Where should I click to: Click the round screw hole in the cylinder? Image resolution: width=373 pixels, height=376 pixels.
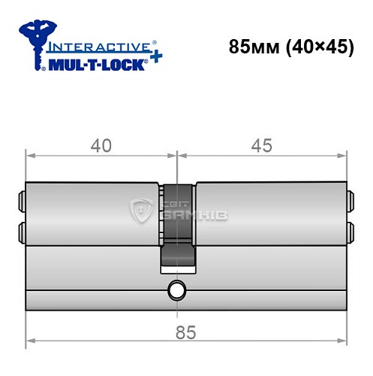point(177,289)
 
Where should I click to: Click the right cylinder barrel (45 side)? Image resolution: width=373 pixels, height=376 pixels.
point(270,214)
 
